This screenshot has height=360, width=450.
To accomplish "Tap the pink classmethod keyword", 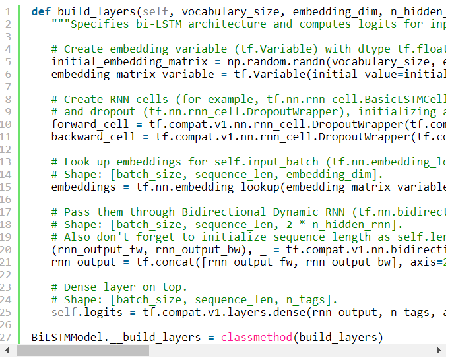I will pos(256,337).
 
